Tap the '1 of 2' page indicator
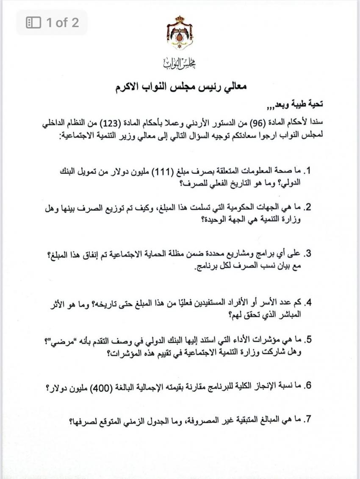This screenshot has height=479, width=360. coord(52,22)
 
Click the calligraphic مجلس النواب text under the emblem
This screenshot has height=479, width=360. coord(180,64)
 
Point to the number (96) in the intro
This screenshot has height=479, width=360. coord(267,124)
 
